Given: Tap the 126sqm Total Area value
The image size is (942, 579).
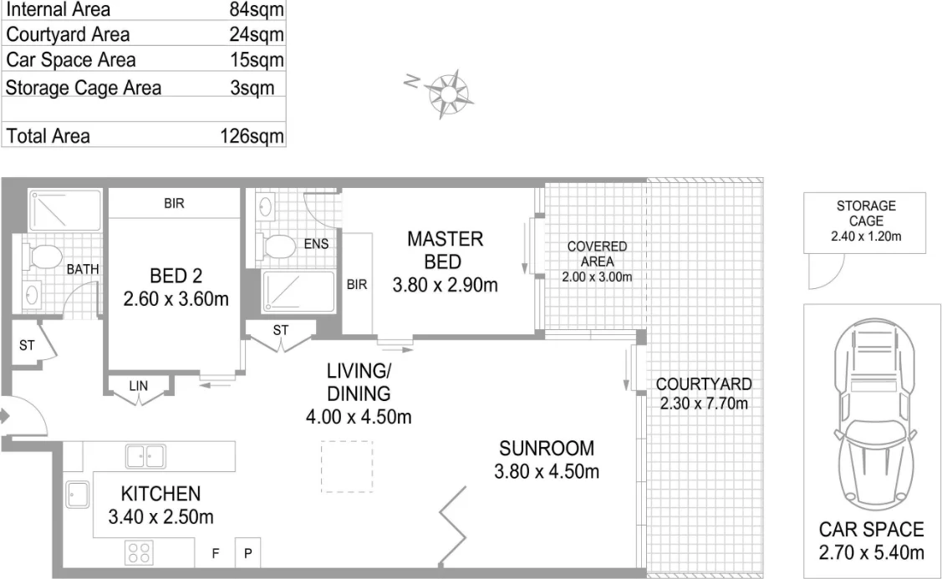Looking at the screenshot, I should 252,136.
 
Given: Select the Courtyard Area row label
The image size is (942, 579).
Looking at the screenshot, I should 68,34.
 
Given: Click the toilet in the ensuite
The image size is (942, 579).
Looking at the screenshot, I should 278,246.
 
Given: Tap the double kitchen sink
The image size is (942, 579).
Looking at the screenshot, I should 145,456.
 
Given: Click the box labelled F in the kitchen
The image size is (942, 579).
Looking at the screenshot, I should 215,553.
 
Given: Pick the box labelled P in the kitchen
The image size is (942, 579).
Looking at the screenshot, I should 248,553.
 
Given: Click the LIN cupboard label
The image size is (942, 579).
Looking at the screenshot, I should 139,385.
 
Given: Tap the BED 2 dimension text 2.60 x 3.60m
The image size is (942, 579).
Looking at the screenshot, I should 175,298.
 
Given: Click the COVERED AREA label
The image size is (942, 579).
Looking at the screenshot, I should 597,254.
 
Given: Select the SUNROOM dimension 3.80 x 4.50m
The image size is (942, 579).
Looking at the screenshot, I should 547,471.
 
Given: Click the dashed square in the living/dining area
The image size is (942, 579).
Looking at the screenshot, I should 347,465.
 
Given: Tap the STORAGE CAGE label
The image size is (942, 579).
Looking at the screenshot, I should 865,213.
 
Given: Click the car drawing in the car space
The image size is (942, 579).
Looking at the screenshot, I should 871,414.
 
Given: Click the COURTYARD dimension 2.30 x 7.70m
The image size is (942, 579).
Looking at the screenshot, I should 703,404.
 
